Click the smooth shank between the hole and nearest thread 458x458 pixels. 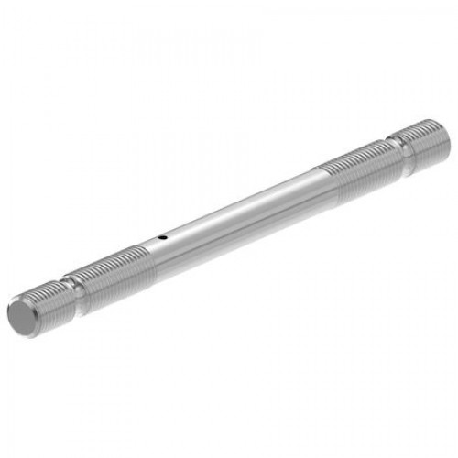point(156,243)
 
